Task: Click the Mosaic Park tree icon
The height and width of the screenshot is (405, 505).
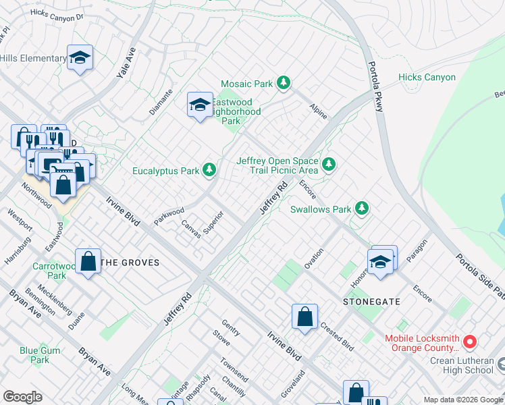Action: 284,84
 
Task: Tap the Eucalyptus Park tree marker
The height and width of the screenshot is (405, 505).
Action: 210,171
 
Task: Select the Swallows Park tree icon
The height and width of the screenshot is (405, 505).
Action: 363,209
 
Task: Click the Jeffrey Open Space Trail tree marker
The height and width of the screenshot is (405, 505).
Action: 329,165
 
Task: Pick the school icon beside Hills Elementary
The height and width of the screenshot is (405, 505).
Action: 80,58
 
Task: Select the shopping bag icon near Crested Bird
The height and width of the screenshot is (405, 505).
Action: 304,316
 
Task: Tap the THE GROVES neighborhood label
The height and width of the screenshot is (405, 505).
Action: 130,263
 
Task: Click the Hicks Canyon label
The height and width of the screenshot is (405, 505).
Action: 427,78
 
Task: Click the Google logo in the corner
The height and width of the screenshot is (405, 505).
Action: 22,397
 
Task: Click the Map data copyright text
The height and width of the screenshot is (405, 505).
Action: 462,400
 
